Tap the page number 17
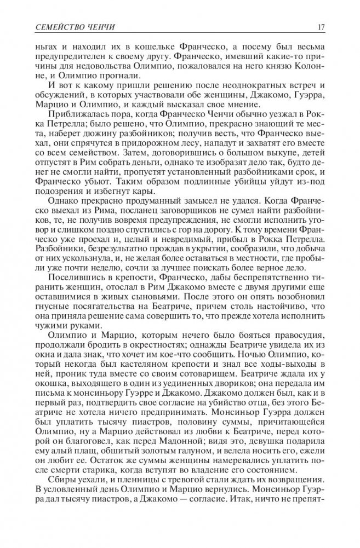322,28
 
